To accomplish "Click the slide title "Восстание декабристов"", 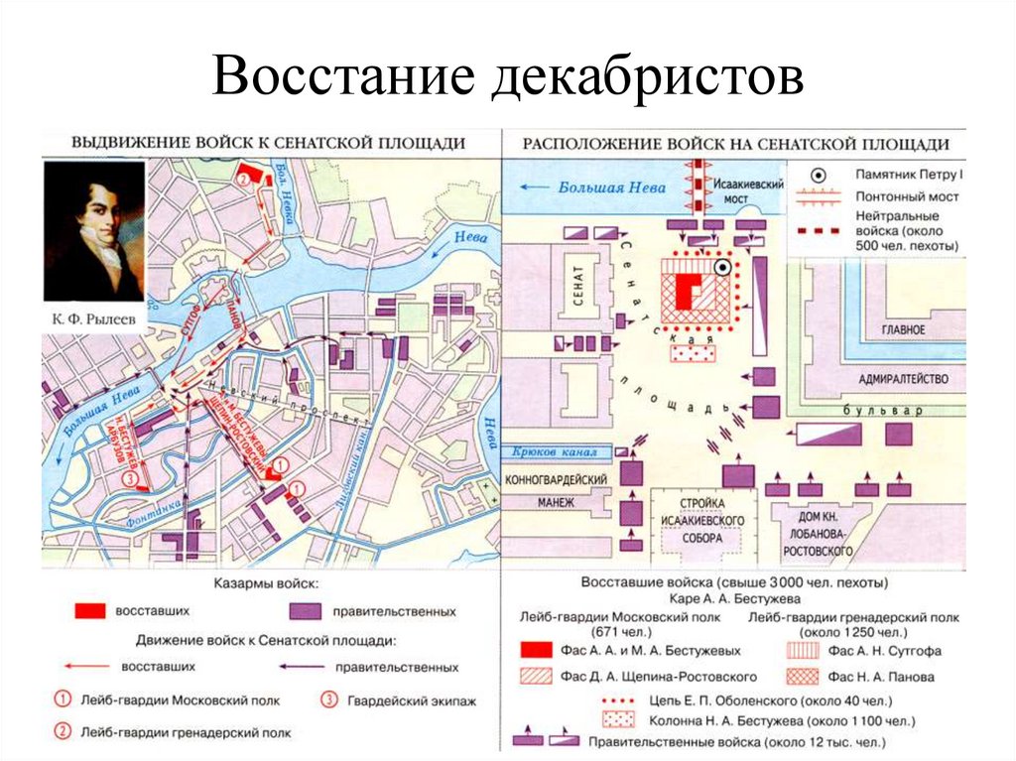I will pyautogui.click(x=507, y=76).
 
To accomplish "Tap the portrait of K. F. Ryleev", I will pyautogui.click(x=95, y=234).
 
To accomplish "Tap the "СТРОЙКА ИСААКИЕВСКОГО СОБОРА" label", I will pyautogui.click(x=705, y=520).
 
